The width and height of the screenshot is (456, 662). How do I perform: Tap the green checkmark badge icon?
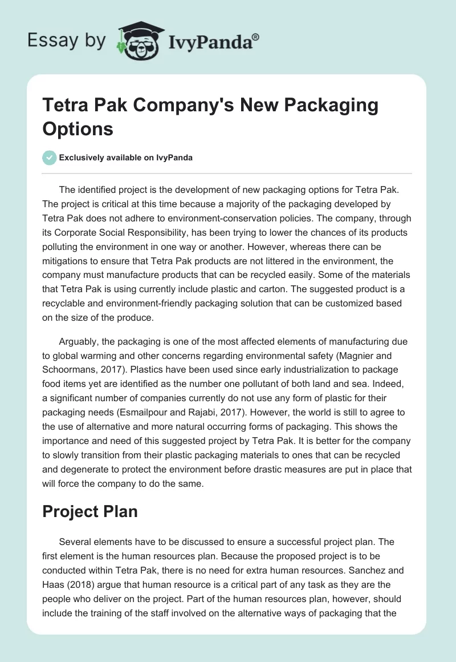tap(49, 158)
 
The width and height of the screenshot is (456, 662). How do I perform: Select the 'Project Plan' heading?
tap(90, 511)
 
